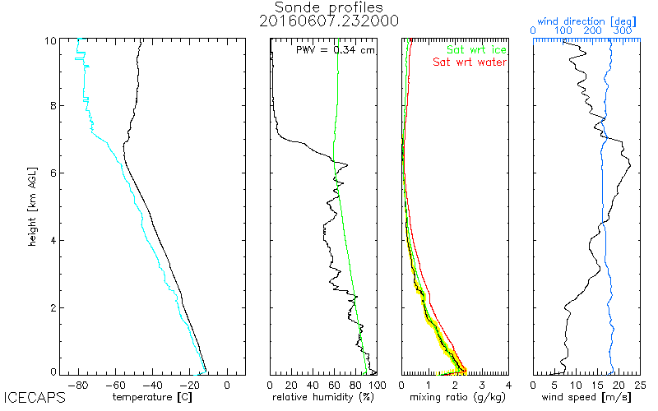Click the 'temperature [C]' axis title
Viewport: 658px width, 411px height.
pos(153,397)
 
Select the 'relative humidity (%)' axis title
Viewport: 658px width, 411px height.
pos(323,397)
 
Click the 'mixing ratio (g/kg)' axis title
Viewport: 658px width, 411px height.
pos(453,397)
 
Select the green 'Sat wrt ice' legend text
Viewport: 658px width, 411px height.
pos(476,49)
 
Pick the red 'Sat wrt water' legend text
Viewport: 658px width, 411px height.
pos(470,62)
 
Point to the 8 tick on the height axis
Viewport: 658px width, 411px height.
pos(52,105)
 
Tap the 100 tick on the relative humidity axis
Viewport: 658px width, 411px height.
pos(376,384)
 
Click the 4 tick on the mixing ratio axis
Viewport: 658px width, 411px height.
pos(508,384)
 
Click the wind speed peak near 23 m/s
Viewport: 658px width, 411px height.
pos(630,167)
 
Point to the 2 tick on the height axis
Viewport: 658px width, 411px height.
pos(52,307)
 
